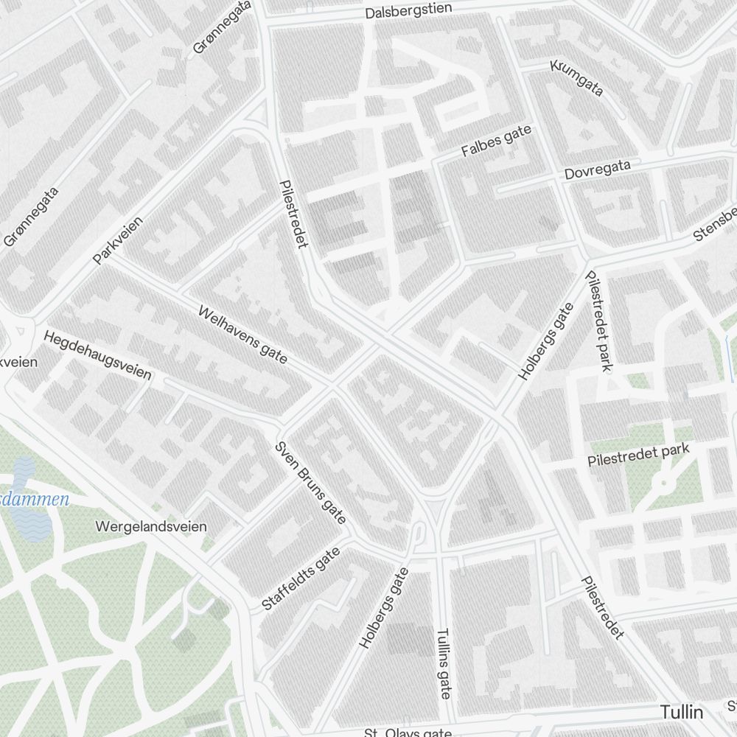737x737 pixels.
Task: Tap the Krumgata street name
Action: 576,77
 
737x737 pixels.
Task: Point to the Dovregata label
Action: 597,170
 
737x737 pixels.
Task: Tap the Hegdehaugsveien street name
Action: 97,355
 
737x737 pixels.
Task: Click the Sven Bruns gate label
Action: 310,483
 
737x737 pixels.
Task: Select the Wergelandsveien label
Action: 151,527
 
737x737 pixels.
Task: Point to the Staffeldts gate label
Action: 301,579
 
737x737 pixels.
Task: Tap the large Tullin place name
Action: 682,713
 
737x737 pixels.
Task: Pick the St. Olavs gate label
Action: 408,733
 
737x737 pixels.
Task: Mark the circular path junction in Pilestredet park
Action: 664,483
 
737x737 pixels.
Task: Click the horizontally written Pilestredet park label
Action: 638,455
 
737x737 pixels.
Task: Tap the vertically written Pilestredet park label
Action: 598,321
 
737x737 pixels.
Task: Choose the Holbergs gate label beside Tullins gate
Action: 383,608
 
